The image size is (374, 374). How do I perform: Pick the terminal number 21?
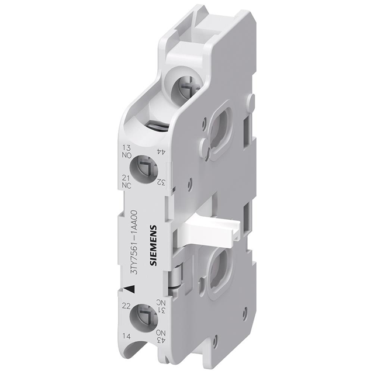pos(126,178)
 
